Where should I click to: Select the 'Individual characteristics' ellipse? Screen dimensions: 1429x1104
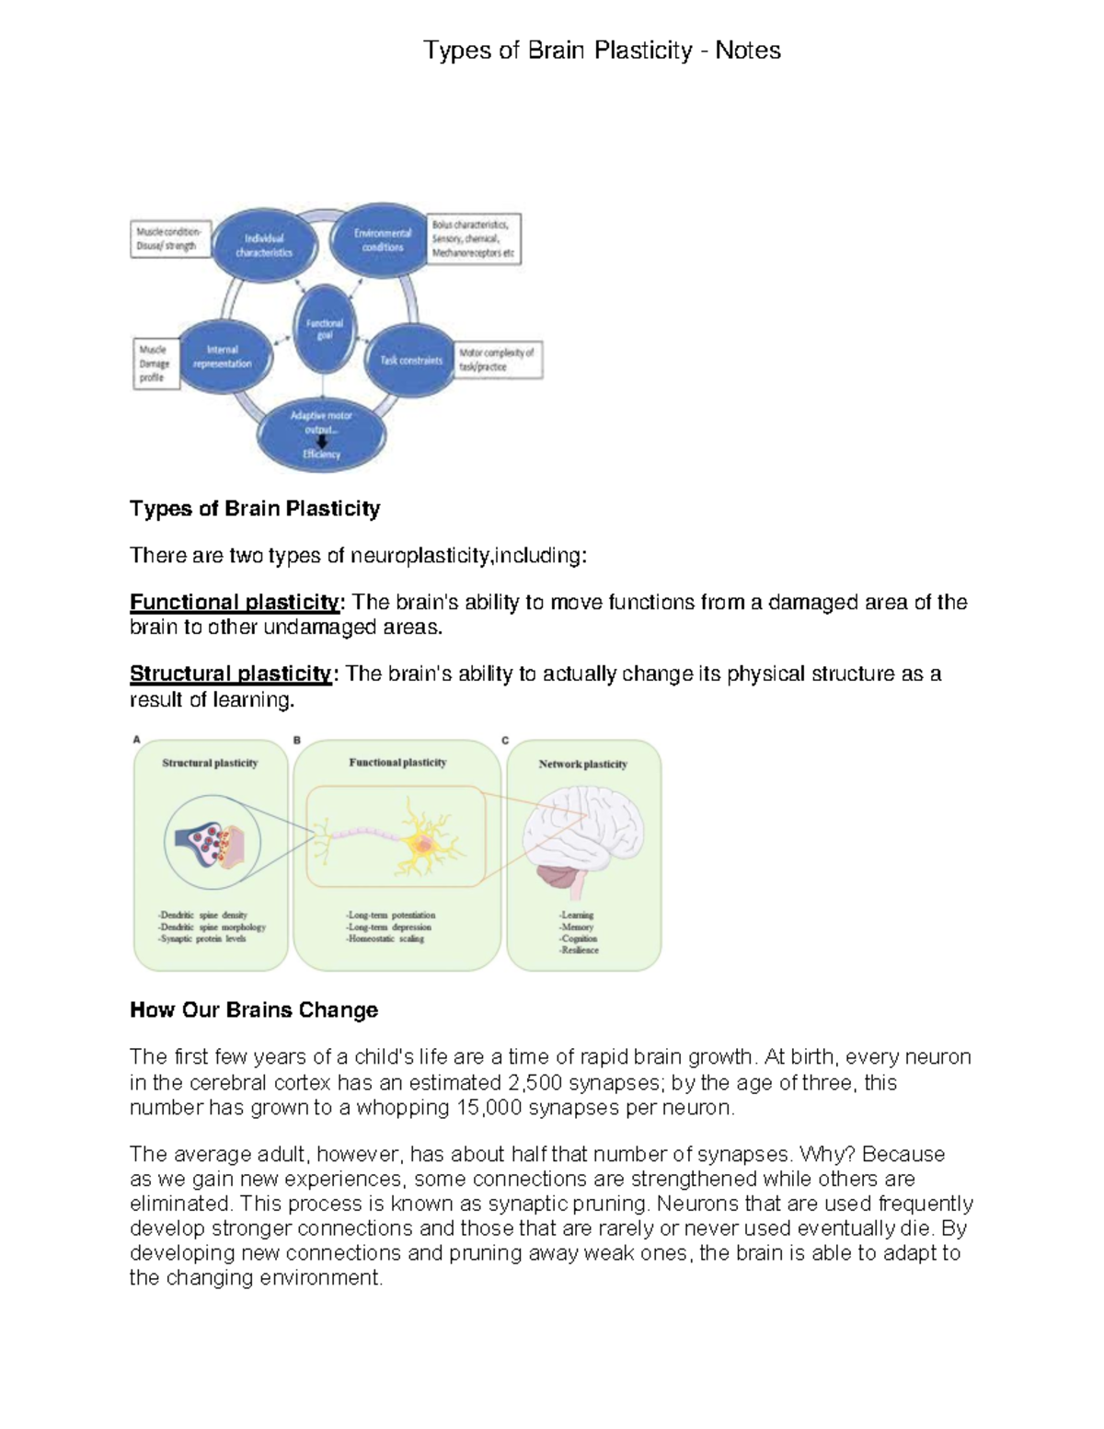click(x=264, y=245)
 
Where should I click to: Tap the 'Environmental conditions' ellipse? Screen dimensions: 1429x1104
click(x=382, y=239)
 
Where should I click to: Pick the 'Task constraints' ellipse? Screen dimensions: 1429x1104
click(x=410, y=360)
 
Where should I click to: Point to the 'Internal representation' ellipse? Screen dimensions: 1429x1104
click(x=224, y=357)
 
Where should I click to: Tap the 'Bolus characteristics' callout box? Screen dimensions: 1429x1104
click(x=474, y=238)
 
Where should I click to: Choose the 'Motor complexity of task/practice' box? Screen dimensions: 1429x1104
click(x=498, y=360)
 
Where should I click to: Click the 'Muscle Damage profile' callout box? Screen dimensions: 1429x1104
click(x=155, y=363)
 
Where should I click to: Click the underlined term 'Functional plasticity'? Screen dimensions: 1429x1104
click(x=235, y=603)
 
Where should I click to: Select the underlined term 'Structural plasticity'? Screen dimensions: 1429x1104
click(x=230, y=674)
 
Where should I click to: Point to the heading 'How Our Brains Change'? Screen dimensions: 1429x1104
click(x=254, y=1010)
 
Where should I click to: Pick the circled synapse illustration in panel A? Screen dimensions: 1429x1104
click(x=213, y=842)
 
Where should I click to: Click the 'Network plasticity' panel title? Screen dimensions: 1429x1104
click(x=582, y=764)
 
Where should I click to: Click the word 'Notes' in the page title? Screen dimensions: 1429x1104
click(x=748, y=51)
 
